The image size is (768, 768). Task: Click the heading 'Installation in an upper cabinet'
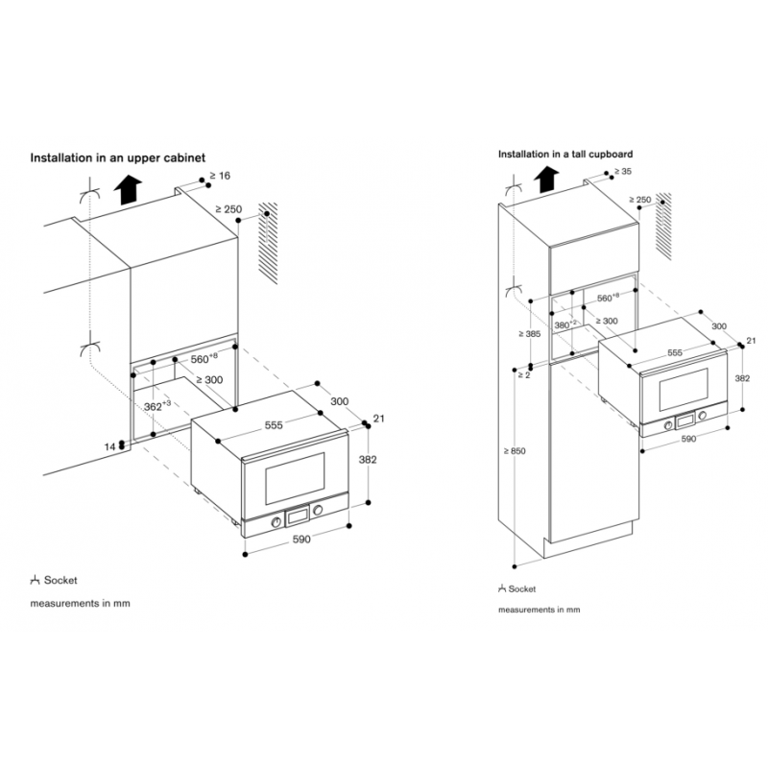(x=118, y=156)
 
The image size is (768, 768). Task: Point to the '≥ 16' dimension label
(x=219, y=176)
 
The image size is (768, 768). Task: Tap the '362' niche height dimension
(x=158, y=407)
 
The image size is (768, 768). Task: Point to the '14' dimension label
(x=108, y=447)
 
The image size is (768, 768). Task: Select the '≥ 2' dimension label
(x=523, y=374)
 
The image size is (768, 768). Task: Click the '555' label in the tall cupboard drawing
(x=675, y=353)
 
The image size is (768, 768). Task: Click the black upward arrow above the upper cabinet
(x=125, y=192)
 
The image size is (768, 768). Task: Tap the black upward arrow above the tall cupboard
(x=547, y=179)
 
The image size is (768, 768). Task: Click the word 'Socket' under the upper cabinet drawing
(x=60, y=581)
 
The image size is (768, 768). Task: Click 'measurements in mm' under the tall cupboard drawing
(x=539, y=610)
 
